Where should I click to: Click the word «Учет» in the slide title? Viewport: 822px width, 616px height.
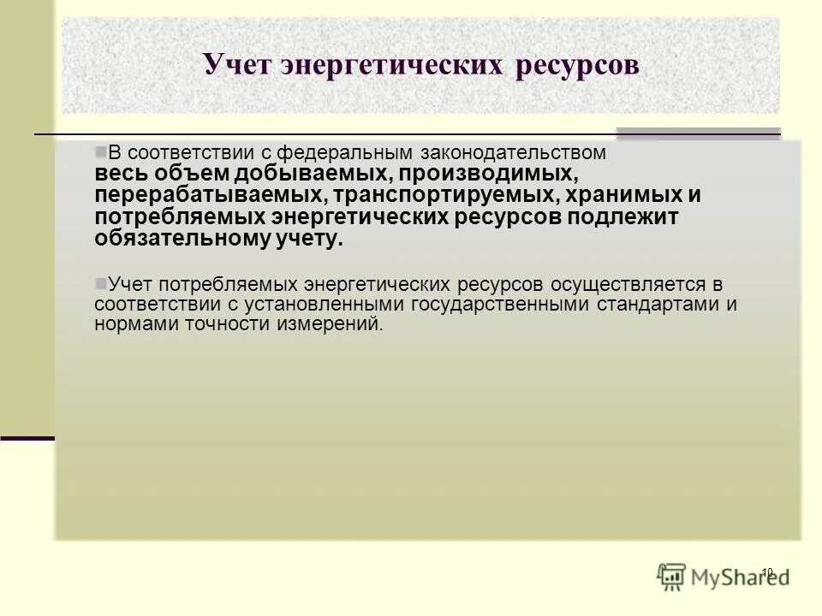236,65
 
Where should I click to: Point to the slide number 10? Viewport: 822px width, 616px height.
767,572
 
